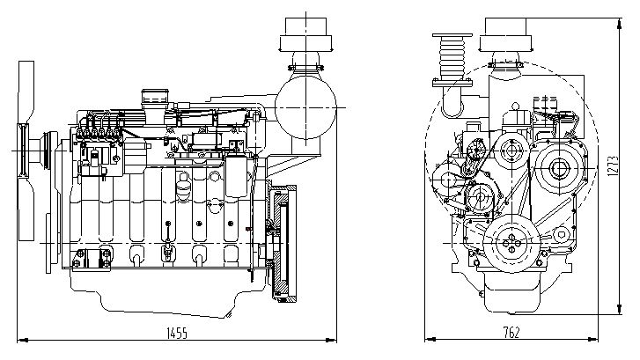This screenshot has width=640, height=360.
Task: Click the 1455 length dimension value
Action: pyautogui.click(x=178, y=333)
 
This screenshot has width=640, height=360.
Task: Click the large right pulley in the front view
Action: pyautogui.click(x=556, y=167)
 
